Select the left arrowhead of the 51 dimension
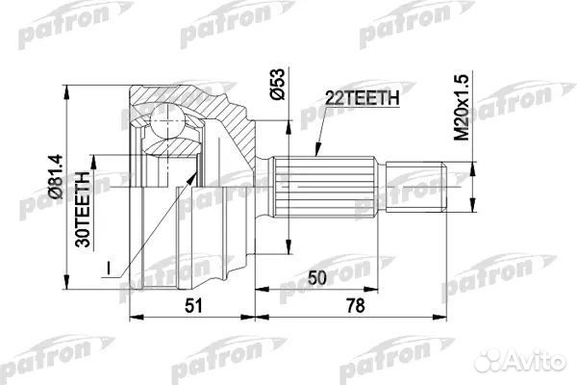[x=129, y=314]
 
